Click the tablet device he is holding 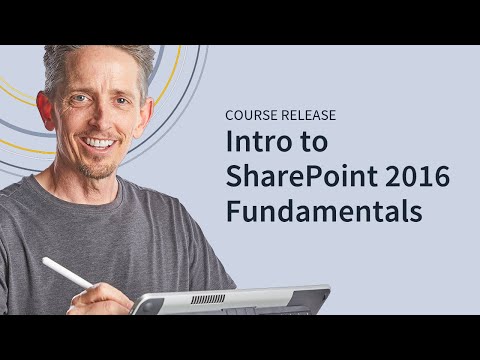tap(230, 300)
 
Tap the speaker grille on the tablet tap(208, 299)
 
